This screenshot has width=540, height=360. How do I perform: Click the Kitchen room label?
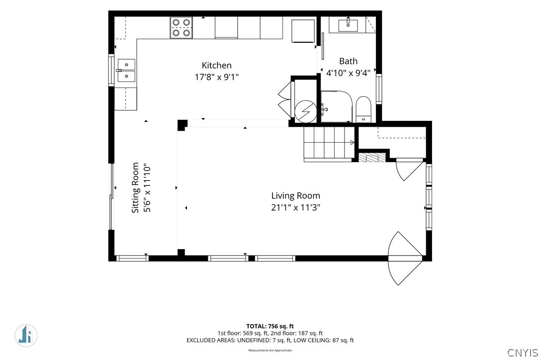point(216,65)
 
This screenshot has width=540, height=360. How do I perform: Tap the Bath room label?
point(348,61)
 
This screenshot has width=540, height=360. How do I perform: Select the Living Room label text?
point(295,196)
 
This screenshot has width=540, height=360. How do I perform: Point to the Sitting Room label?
point(135,188)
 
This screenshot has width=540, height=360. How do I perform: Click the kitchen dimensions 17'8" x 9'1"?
point(217,77)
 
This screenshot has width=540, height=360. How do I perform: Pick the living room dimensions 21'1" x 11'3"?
point(295,207)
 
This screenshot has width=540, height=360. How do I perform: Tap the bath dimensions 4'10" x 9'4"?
point(348,73)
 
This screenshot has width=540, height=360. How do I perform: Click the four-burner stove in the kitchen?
point(181,27)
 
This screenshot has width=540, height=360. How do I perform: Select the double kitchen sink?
point(126,70)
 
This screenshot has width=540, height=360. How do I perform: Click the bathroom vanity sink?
point(348,25)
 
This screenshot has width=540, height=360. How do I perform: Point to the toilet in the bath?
point(363,109)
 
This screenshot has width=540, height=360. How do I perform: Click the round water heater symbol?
point(305,111)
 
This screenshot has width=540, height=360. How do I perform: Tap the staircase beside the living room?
point(329,144)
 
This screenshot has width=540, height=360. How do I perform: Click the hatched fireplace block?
point(372,158)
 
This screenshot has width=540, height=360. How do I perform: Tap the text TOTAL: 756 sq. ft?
point(270,326)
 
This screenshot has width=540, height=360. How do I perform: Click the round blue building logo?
point(26,336)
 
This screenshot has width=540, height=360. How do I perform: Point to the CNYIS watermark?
point(523,353)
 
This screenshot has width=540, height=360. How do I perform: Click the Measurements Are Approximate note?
point(270,351)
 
